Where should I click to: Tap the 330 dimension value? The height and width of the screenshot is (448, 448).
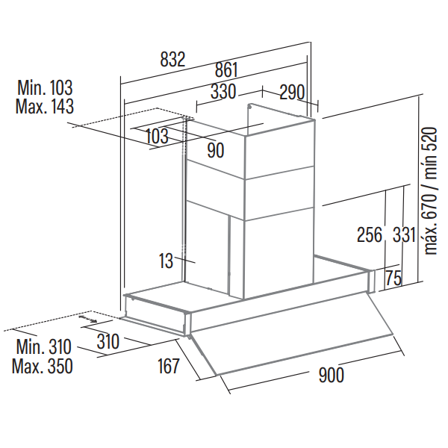point(223,93)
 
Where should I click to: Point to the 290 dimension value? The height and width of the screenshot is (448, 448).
point(292,93)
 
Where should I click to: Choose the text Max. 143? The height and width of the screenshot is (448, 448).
point(45,107)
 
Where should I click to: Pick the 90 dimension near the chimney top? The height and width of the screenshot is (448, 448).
point(216,150)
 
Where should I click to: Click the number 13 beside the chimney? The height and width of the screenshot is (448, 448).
point(166,261)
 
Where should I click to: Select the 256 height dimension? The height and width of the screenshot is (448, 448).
point(369,234)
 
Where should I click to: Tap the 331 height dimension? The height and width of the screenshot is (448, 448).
point(403,234)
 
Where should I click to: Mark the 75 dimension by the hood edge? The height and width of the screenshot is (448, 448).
point(393,279)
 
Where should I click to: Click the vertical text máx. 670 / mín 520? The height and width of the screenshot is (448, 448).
point(430,190)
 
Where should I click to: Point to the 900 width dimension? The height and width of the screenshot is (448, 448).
point(331,376)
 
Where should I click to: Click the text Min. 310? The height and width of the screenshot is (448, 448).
point(43,347)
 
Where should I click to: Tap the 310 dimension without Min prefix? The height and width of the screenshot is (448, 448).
point(108,343)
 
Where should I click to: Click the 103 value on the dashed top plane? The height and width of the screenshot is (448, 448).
point(156,136)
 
